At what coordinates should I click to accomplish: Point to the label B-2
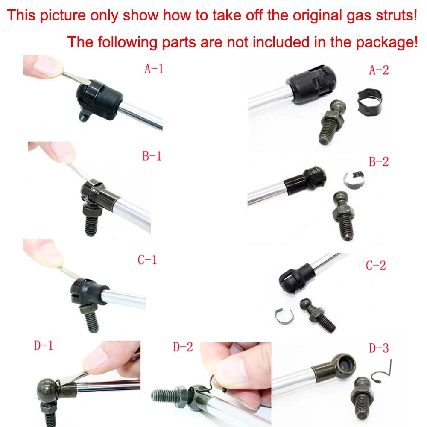[x=379, y=161]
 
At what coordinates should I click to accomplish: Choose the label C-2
[x=376, y=265]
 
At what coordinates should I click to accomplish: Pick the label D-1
[x=44, y=345]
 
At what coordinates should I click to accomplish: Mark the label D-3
[x=379, y=348]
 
